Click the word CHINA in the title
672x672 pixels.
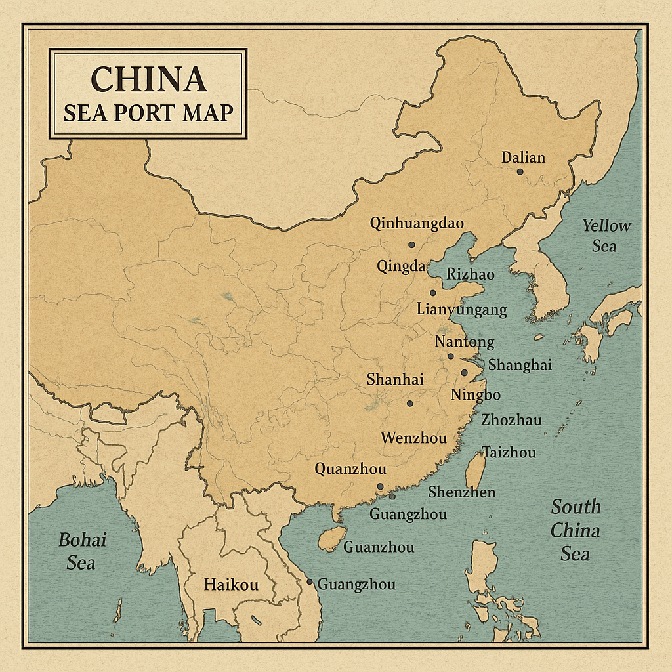[x=148, y=79]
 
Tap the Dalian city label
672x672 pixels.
[x=523, y=157]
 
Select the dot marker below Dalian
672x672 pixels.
[x=520, y=171]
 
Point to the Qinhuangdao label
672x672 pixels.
[x=417, y=224]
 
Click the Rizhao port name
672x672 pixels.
[x=470, y=274]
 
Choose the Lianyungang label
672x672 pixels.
[x=462, y=310]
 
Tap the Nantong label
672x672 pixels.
[x=465, y=342]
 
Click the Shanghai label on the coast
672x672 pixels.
[x=520, y=365]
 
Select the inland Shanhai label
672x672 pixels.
[x=395, y=379]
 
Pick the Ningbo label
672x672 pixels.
[x=476, y=395]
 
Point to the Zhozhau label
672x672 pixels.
[x=511, y=420]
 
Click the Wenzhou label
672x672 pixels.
[x=413, y=438]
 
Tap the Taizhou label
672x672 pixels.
[x=509, y=452]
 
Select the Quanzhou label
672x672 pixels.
[x=350, y=469]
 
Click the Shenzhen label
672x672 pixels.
[x=462, y=492]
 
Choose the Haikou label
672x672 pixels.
[x=231, y=585]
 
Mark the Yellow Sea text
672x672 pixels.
[x=606, y=236]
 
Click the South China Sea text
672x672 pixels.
[x=576, y=530]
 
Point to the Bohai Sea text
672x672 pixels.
[x=82, y=551]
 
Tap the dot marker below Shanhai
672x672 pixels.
[x=409, y=404]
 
